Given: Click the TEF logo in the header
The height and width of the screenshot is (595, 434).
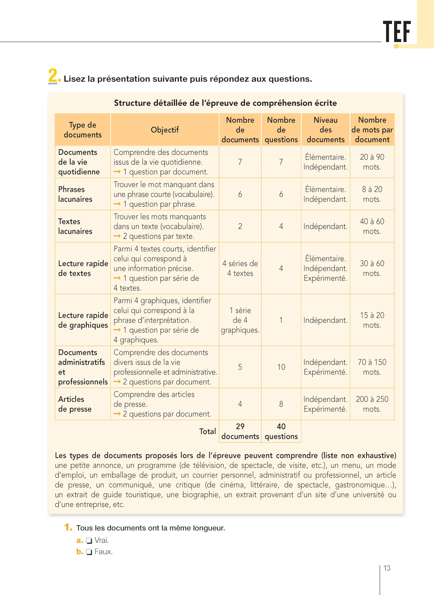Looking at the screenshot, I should tap(397, 32).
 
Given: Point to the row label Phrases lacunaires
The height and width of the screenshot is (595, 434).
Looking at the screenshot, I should tap(75, 194).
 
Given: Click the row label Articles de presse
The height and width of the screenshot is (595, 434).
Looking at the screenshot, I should tap(75, 404).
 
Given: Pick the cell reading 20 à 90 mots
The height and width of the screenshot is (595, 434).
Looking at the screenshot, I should tap(372, 162).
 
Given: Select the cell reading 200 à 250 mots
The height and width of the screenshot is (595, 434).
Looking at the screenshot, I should tap(372, 404).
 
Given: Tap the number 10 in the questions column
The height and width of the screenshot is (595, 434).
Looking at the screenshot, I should tap(281, 367).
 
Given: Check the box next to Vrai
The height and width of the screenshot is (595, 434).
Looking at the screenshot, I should tap(89, 541).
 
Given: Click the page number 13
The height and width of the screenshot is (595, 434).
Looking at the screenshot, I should tap(387, 568).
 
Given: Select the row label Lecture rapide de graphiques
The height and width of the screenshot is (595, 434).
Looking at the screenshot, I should tap(83, 320).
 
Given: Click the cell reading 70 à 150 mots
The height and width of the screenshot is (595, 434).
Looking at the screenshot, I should tap(372, 367).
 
